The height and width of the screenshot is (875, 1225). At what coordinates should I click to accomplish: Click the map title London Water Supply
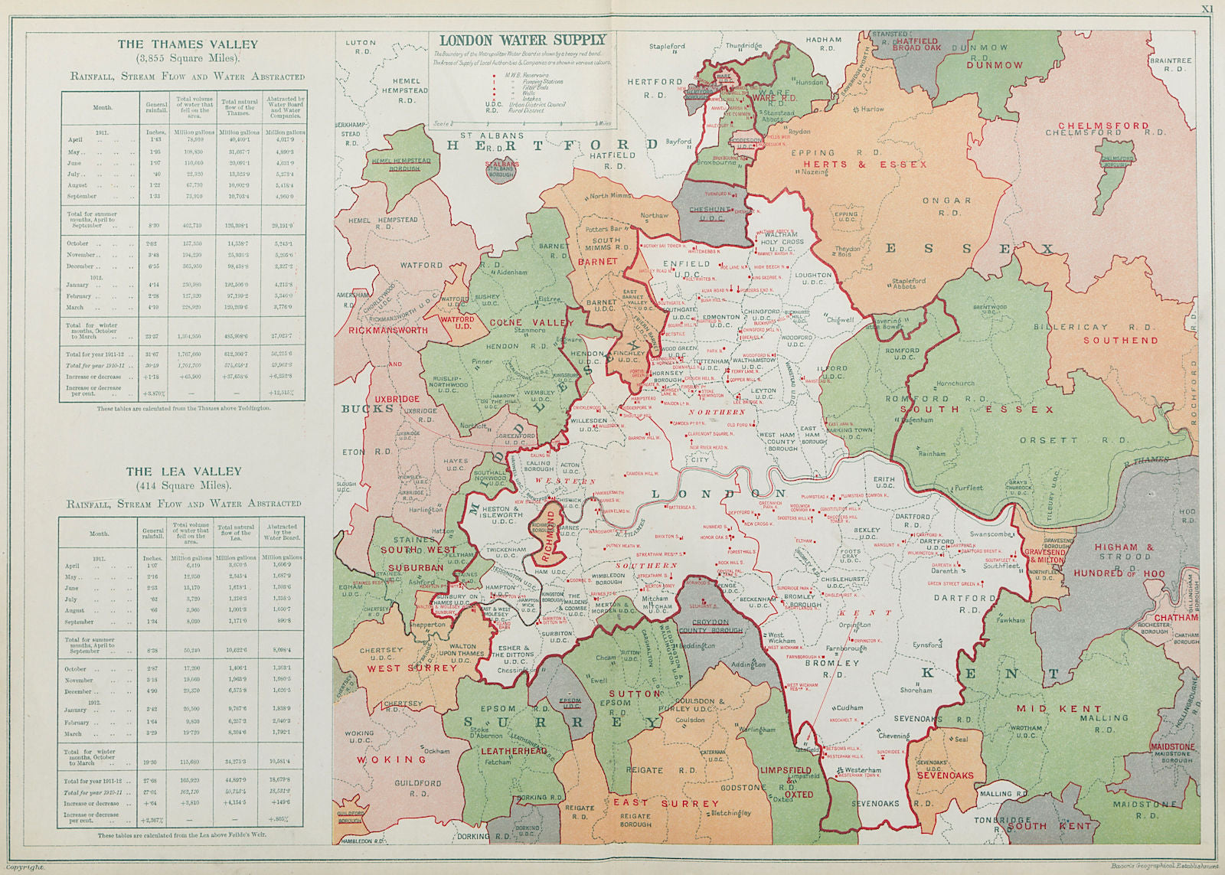click(x=522, y=40)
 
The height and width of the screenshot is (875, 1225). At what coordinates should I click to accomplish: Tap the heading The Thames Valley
click(x=188, y=44)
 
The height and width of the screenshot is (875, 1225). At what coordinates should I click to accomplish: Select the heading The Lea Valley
click(x=184, y=472)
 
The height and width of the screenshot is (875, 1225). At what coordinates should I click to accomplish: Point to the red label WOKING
click(x=390, y=759)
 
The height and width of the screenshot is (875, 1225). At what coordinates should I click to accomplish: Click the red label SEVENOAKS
click(x=946, y=775)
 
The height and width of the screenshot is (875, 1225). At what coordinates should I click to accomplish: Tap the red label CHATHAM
click(x=1176, y=618)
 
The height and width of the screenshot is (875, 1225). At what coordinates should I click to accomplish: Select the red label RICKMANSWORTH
click(x=388, y=331)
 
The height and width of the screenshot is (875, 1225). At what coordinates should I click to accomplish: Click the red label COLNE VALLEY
click(x=531, y=322)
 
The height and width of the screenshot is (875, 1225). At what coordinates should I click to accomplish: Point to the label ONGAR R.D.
click(x=946, y=206)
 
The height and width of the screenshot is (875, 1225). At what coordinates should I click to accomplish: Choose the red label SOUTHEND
click(x=1120, y=340)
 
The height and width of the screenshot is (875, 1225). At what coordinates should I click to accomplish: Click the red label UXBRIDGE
click(x=397, y=399)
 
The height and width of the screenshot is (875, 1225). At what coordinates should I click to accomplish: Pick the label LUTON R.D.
click(x=361, y=47)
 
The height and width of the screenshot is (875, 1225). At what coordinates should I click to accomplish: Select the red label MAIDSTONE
click(x=1171, y=746)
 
